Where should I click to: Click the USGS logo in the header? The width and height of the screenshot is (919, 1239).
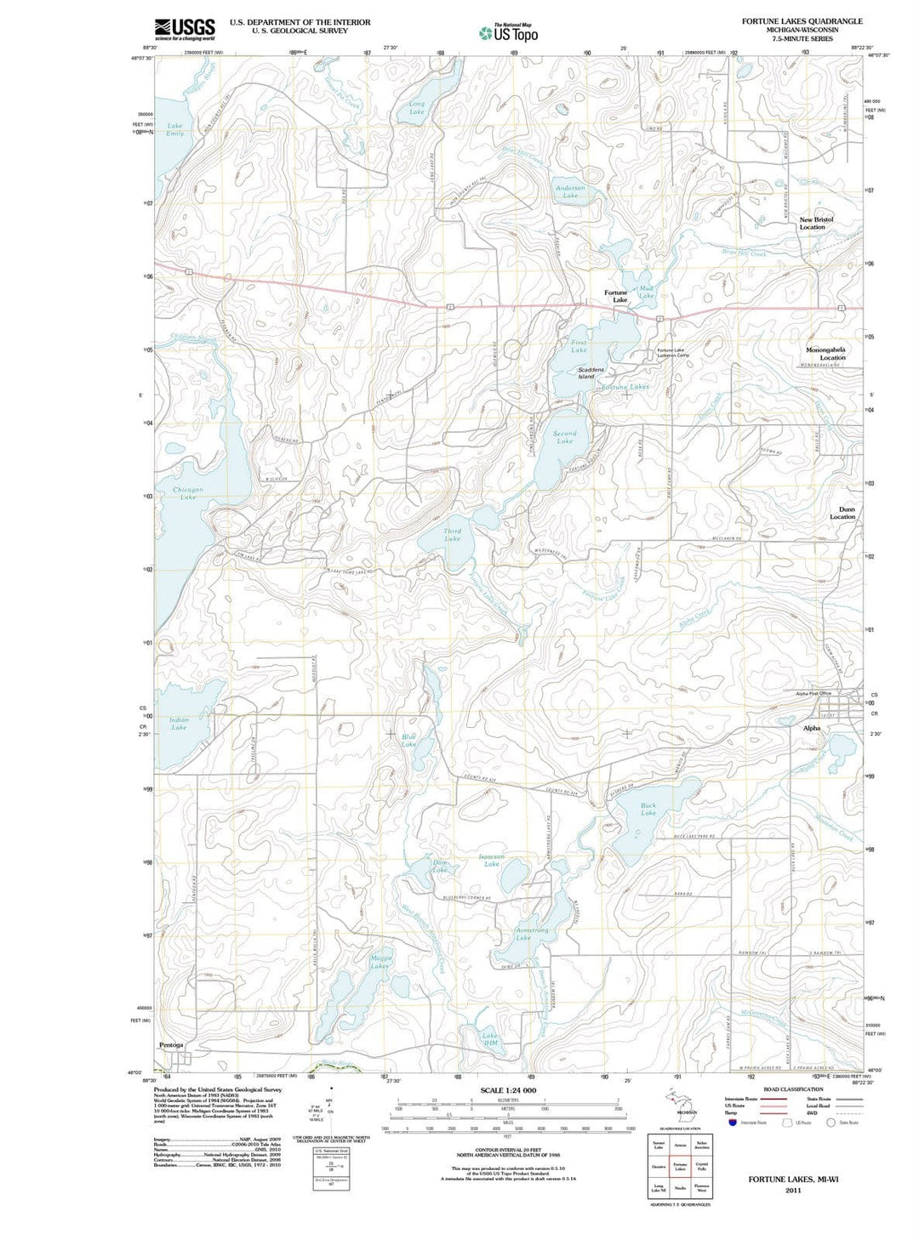(185, 30)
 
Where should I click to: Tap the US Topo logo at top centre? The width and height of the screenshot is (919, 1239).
(509, 33)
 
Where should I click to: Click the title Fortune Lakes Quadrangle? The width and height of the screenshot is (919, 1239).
(802, 21)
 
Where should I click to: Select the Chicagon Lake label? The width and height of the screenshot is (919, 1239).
(188, 493)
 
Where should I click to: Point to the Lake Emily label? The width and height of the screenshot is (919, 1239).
(174, 129)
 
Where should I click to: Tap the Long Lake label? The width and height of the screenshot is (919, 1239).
(416, 108)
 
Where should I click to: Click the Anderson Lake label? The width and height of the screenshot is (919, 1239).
(570, 191)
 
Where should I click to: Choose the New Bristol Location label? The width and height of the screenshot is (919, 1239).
(815, 223)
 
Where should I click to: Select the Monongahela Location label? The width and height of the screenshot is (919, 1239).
(825, 353)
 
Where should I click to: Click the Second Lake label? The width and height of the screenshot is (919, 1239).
(564, 437)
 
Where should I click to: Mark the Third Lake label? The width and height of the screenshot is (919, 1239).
(452, 535)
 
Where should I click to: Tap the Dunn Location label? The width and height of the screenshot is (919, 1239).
(842, 513)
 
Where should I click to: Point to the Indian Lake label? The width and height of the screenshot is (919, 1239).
(179, 724)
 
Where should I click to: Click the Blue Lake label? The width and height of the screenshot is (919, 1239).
(409, 741)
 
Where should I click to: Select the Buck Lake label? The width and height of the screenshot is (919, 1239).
(648, 809)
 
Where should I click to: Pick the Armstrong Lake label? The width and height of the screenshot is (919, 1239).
(532, 934)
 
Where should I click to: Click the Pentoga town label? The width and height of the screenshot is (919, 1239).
(171, 1045)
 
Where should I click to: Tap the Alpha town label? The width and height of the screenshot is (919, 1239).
(812, 728)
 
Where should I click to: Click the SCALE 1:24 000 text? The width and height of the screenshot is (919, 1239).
(508, 1090)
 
